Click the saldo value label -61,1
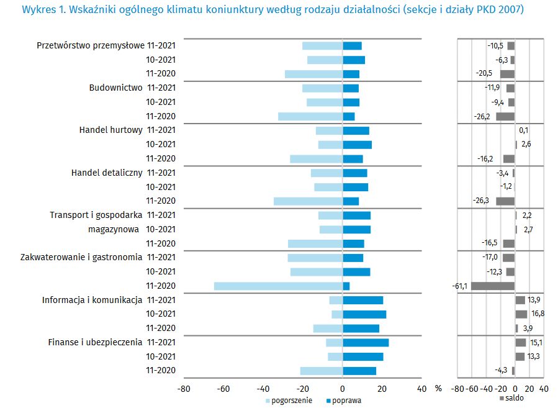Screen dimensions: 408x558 tap(460, 286)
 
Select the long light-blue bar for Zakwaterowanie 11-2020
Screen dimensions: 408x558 tap(278, 286)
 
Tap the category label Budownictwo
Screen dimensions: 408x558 tap(116, 88)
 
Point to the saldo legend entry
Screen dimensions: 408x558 tap(514, 398)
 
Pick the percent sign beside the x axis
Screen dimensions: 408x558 tap(438, 389)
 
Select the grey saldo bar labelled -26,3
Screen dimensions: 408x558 tap(505, 201)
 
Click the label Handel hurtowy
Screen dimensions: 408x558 tap(111, 130)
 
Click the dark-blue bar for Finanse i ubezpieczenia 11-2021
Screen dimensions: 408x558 tap(366, 343)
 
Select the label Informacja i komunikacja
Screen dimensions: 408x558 tap(92, 301)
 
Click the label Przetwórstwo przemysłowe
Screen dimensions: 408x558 tap(90, 45)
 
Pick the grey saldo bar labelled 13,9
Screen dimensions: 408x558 tap(520, 301)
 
